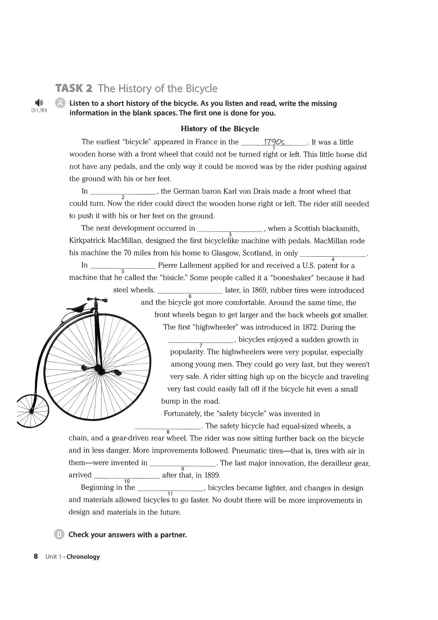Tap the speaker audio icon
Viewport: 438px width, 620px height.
(x=39, y=103)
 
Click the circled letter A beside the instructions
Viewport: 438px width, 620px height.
(x=60, y=103)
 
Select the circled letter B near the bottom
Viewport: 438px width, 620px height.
(x=60, y=535)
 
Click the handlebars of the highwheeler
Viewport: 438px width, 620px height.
(x=97, y=300)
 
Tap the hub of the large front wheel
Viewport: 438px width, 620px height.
(x=98, y=368)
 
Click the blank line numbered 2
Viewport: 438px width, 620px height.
(x=123, y=192)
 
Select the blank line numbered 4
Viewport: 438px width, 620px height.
(x=333, y=254)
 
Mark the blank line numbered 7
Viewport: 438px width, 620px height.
(x=201, y=341)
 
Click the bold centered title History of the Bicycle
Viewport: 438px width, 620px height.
(x=220, y=129)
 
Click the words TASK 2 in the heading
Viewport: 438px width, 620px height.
(x=74, y=89)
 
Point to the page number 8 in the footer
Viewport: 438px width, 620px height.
(x=36, y=556)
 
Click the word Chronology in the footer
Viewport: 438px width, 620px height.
(x=83, y=557)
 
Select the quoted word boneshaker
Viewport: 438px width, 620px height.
(x=288, y=278)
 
